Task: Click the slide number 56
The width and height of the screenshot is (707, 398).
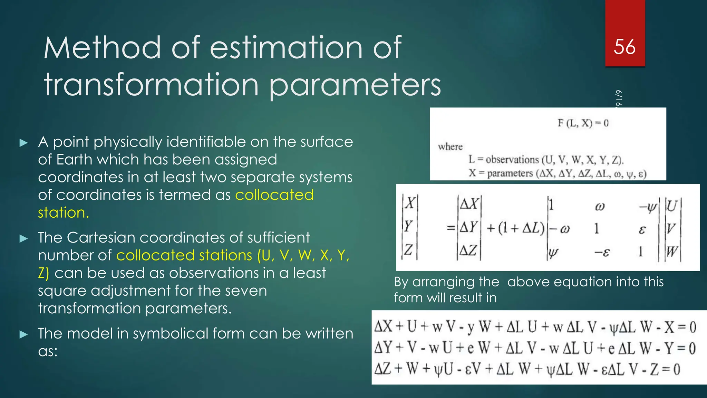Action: pyautogui.click(x=624, y=47)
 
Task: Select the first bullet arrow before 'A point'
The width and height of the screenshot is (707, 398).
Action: pyautogui.click(x=23, y=143)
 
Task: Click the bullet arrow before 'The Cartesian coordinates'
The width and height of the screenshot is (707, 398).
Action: pyautogui.click(x=23, y=238)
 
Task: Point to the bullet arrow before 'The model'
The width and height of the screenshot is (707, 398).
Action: pyautogui.click(x=23, y=334)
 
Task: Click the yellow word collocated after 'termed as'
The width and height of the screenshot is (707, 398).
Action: pyautogui.click(x=274, y=195)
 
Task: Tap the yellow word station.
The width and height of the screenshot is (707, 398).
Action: pyautogui.click(x=63, y=212)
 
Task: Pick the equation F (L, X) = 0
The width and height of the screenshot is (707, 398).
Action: pyautogui.click(x=583, y=123)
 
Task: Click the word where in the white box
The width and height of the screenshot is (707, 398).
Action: pyautogui.click(x=450, y=147)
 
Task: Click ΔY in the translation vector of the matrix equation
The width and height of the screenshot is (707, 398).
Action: pyautogui.click(x=469, y=227)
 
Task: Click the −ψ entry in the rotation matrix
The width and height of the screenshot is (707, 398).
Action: pyautogui.click(x=648, y=207)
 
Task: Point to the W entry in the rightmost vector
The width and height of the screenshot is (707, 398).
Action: pyautogui.click(x=672, y=251)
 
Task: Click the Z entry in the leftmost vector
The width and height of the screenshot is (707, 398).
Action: pyautogui.click(x=408, y=249)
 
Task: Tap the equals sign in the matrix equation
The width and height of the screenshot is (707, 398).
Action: pyautogui.click(x=451, y=228)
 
